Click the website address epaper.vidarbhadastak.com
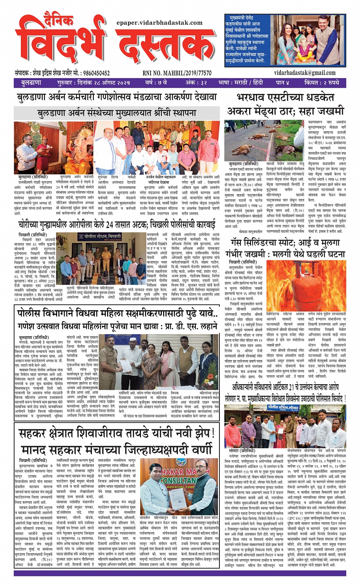(160, 23)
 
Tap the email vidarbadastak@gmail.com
(305, 73)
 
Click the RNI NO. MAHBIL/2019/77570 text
(177, 73)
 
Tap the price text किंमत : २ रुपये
(322, 83)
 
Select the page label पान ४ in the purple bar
(283, 83)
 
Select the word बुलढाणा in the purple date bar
(31, 83)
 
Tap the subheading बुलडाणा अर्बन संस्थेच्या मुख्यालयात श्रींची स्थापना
(117, 113)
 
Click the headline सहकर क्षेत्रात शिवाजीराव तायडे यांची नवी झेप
(117, 433)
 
